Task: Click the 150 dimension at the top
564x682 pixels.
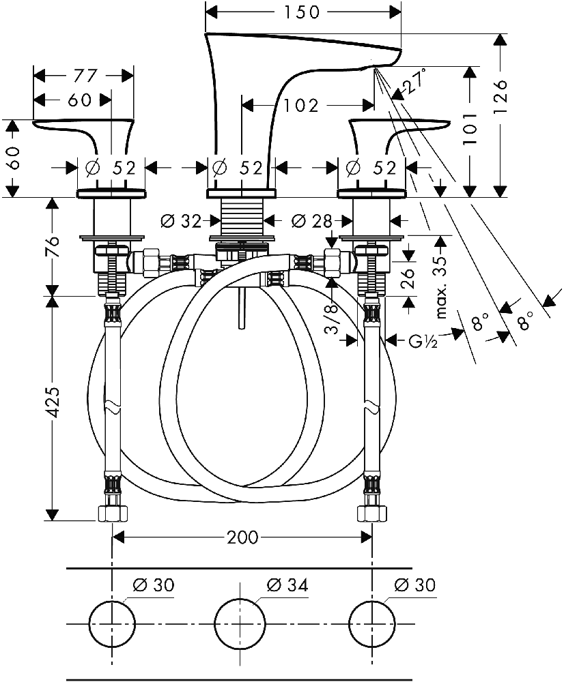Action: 302,12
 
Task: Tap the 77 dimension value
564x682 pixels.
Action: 85,76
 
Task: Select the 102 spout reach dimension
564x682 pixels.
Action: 301,105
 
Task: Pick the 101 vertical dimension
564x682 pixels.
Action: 470,128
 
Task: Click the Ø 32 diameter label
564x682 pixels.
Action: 181,222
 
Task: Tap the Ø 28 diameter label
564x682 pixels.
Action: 311,222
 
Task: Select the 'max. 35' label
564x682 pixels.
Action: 442,287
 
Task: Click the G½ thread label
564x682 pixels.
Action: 423,342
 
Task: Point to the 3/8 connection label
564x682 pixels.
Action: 333,318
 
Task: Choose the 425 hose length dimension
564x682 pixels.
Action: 53,402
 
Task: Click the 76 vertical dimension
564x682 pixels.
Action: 53,247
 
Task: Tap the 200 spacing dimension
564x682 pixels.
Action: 242,537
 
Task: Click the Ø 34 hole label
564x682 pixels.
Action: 287,585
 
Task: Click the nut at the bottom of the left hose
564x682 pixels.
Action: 113,514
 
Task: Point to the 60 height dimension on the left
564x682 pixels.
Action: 14,158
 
